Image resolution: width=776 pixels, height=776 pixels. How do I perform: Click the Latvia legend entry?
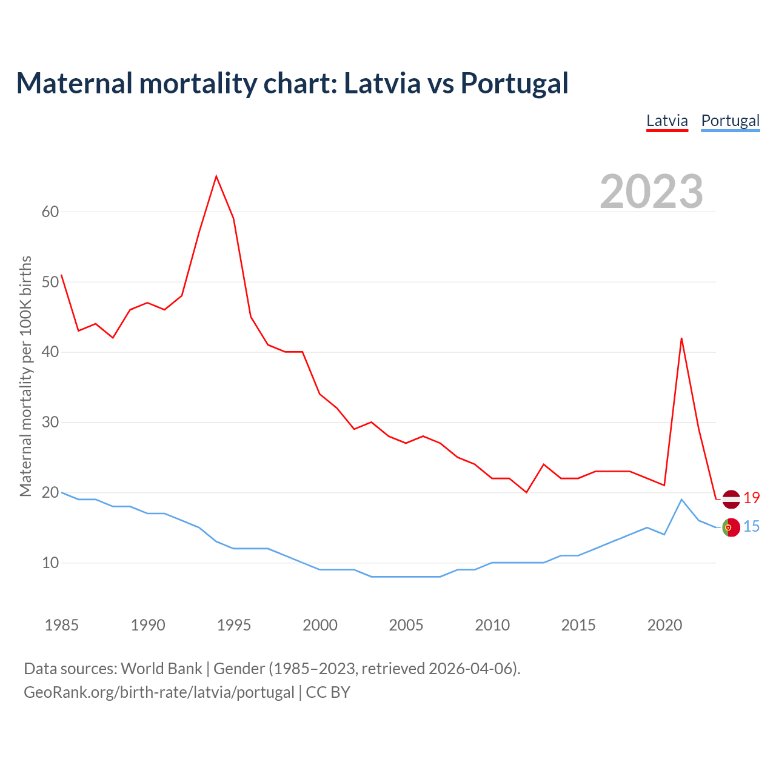pyautogui.click(x=667, y=121)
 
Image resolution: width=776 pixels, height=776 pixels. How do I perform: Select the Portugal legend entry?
pyautogui.click(x=730, y=121)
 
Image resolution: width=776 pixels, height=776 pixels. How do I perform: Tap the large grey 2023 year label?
pyautogui.click(x=652, y=192)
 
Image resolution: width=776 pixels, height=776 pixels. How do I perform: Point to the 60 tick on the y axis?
pyautogui.click(x=50, y=212)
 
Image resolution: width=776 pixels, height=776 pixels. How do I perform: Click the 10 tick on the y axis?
pyautogui.click(x=50, y=563)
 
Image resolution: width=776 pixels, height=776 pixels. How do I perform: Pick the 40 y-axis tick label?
pyautogui.click(x=50, y=352)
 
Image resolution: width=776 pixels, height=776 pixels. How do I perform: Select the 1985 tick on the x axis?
pyautogui.click(x=62, y=625)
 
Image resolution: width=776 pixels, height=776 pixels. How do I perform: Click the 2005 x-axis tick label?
pyautogui.click(x=406, y=625)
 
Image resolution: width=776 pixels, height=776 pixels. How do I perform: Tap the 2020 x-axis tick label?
pyautogui.click(x=664, y=625)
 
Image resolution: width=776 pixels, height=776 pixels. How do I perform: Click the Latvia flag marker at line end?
pyautogui.click(x=731, y=499)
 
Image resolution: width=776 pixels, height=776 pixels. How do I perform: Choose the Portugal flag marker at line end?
pyautogui.click(x=731, y=527)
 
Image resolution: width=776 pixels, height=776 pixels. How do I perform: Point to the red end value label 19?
pyautogui.click(x=752, y=498)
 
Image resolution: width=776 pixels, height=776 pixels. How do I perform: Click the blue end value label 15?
pyautogui.click(x=752, y=527)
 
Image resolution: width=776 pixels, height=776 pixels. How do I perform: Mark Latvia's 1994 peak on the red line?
pyautogui.click(x=216, y=176)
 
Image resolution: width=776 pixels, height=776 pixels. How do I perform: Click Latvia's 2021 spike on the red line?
pyautogui.click(x=681, y=338)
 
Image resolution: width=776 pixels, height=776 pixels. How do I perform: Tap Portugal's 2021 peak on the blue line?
pyautogui.click(x=681, y=500)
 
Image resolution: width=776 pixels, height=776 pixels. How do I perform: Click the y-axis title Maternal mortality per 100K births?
pyautogui.click(x=25, y=376)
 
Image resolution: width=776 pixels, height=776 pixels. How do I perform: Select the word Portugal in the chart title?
pyautogui.click(x=514, y=83)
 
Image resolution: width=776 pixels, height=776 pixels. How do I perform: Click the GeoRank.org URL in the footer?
pyautogui.click(x=159, y=692)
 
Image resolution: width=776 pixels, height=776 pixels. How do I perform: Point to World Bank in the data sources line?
pyautogui.click(x=161, y=669)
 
